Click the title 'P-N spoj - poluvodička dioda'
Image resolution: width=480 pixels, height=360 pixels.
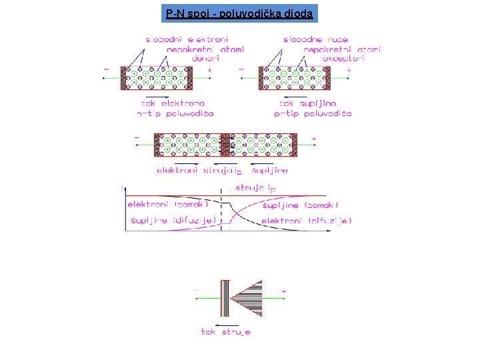tap(240, 13)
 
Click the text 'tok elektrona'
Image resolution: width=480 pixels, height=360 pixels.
tap(173, 103)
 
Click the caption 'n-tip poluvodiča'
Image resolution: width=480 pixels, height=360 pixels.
tap(175, 113)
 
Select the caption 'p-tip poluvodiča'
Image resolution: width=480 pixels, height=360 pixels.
tap(313, 113)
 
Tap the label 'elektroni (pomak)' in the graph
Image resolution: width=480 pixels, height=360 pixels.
tap(163, 204)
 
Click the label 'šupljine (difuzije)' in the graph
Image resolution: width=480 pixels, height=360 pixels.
tap(173, 220)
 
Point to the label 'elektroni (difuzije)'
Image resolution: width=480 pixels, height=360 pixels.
tap(307, 220)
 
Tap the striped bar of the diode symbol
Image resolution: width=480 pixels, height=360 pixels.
tap(225, 298)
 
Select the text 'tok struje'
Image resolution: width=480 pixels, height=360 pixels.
tap(226, 331)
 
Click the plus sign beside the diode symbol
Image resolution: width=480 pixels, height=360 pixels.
tap(283, 291)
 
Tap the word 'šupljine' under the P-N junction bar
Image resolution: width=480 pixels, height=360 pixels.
tap(270, 171)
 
